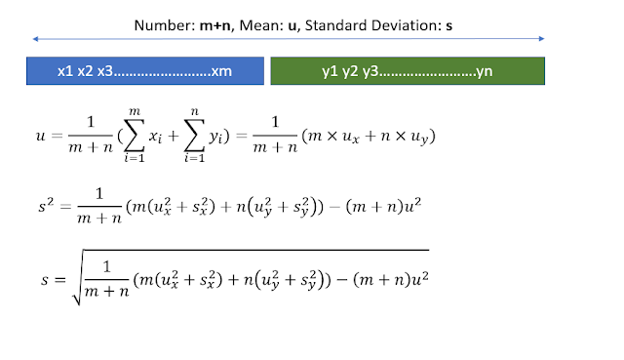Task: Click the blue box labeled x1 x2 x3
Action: coord(146,71)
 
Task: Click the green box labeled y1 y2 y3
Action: coord(407,71)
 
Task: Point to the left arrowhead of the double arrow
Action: coord(36,39)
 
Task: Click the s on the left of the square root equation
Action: coord(40,276)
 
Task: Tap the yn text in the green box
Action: coord(484,71)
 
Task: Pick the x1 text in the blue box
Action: coord(65,71)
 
